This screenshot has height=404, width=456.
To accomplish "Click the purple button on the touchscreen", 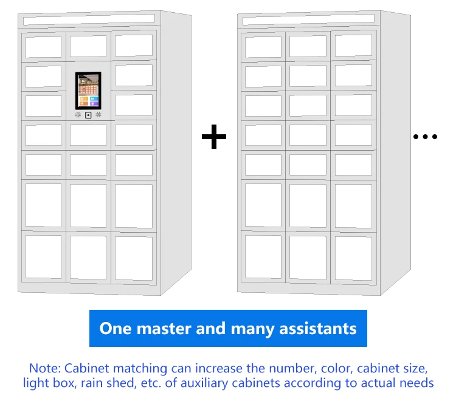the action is click(94, 104).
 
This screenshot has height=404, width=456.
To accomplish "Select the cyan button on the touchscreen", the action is click(94, 98).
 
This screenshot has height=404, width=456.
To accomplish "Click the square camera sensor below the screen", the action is click(88, 115).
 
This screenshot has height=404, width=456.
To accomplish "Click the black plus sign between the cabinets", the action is click(214, 137).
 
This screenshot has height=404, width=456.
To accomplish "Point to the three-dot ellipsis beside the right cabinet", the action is click(425, 137).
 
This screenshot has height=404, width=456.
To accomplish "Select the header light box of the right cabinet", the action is click(307, 21).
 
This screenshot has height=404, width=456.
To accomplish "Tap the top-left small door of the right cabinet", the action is click(263, 47).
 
